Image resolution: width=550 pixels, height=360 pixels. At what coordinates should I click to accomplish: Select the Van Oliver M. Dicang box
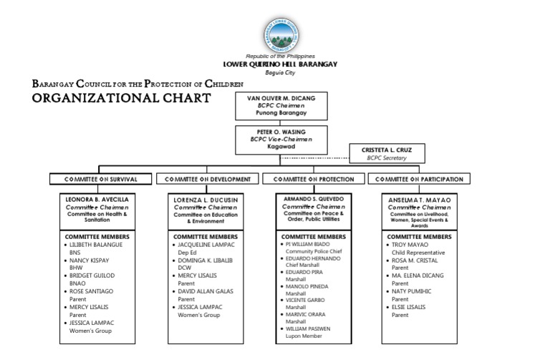(276, 105)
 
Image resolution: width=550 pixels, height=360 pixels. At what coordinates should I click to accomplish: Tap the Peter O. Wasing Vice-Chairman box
(276, 140)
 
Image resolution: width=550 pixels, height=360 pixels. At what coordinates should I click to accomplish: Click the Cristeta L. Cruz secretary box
(386, 153)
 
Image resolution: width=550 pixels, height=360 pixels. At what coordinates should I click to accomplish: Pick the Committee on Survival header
(100, 179)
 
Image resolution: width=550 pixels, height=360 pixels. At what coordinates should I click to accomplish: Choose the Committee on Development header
(208, 179)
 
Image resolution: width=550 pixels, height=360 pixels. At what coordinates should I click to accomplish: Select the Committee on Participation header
(419, 179)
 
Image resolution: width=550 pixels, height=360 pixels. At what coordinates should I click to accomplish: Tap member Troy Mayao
(409, 244)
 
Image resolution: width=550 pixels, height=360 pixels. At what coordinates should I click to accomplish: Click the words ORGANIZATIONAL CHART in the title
(122, 97)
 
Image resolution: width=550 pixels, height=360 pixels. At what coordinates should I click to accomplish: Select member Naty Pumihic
(414, 291)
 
